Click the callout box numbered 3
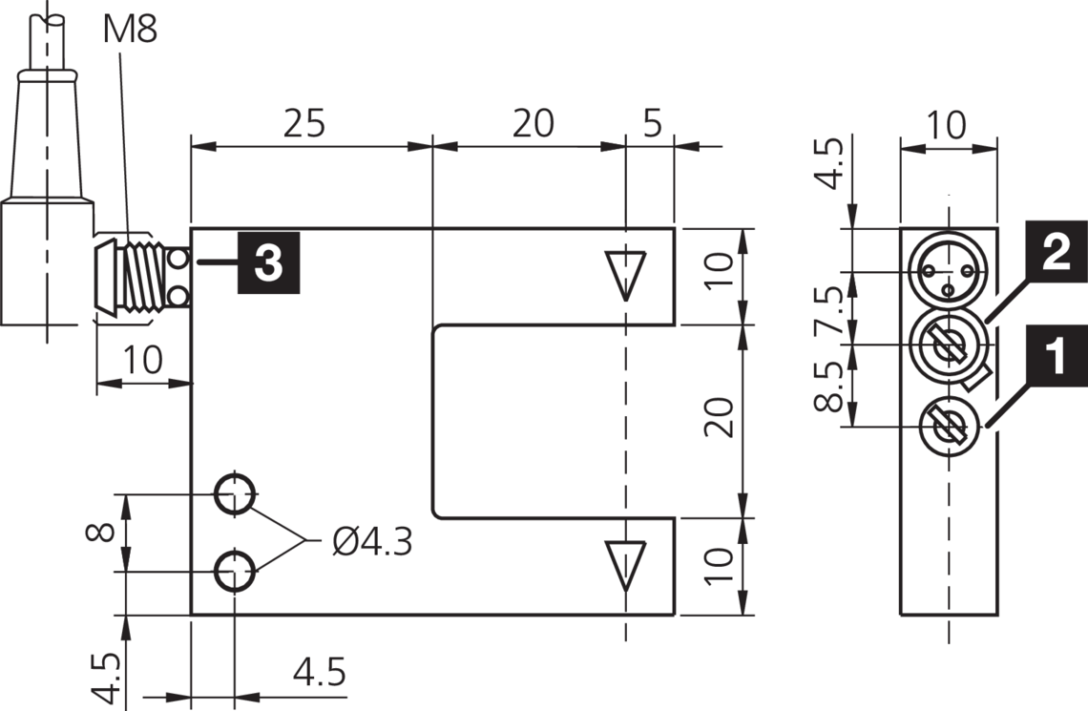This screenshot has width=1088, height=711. point(269,261)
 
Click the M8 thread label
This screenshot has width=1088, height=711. point(130,29)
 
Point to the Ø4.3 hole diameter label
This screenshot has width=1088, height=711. point(372,542)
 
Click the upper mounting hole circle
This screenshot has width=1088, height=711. point(234,494)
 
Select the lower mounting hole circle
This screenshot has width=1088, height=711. point(234,572)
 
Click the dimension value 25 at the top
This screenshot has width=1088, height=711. point(304,123)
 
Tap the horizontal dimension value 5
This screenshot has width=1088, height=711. point(652,123)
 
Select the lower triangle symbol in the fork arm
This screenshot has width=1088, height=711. point(625,563)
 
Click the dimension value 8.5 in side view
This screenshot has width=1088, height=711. point(827,385)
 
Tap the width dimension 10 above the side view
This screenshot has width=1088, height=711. point(948,124)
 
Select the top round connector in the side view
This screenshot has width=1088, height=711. point(948,273)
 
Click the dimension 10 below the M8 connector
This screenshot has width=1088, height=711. point(143,361)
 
